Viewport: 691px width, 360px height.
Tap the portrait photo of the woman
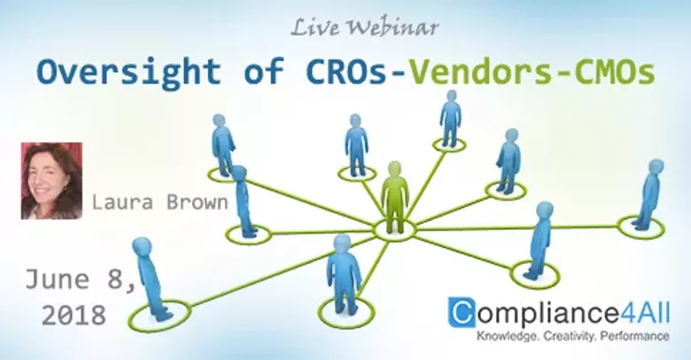[x=51, y=181]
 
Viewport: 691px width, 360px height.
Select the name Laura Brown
[x=160, y=203]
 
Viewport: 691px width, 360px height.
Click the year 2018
[x=74, y=315]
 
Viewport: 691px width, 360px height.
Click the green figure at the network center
[x=394, y=196]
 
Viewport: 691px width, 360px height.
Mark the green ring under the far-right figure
[x=641, y=227]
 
